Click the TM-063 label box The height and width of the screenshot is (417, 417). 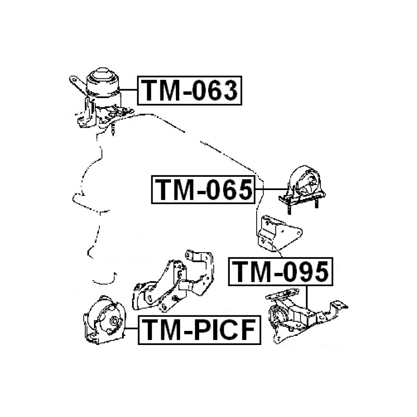point(190,90)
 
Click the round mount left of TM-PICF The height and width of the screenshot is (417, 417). point(104,320)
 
